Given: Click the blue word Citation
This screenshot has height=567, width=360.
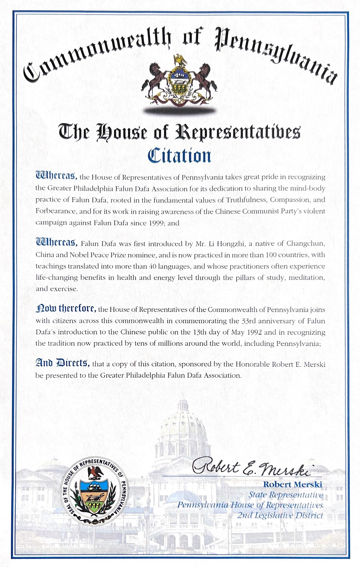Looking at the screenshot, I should [179, 156].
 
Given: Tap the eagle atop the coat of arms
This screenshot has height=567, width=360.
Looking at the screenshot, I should [180, 61].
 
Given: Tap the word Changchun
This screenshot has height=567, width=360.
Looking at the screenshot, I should [306, 244].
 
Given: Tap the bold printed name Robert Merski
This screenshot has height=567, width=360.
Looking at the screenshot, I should [292, 484].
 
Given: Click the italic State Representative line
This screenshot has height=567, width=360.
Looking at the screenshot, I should [286, 495].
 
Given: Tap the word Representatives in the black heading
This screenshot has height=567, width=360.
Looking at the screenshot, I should [238, 132].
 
